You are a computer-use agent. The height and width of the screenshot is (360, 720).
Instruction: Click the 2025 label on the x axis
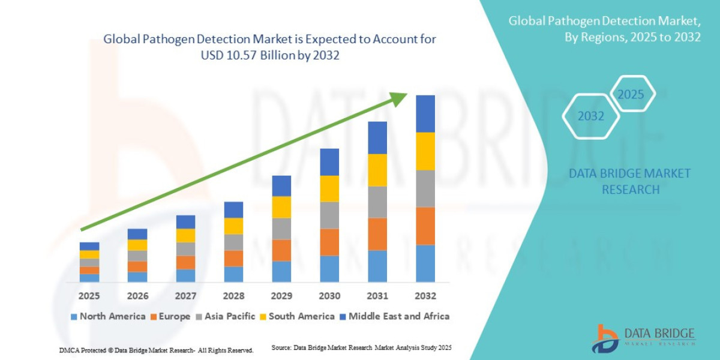coord(89,296)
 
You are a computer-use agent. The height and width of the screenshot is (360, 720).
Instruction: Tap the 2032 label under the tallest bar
coord(425,296)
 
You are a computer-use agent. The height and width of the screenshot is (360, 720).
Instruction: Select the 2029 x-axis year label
coord(281,296)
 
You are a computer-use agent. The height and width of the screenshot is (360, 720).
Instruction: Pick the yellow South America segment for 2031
coord(377,170)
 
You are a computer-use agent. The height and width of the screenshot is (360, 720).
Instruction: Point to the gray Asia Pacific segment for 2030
coord(329,215)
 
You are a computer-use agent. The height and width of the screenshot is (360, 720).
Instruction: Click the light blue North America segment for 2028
coord(233,274)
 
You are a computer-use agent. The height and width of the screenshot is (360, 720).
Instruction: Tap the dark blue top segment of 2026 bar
coord(137,234)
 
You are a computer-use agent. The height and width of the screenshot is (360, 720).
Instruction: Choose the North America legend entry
coord(108,316)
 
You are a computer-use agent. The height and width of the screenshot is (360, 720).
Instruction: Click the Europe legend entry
coord(170,316)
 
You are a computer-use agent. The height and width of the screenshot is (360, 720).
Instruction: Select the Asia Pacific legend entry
coord(225,316)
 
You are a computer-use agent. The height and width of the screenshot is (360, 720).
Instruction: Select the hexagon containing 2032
coord(591,116)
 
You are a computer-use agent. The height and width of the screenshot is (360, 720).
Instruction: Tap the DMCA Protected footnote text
coord(156,350)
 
